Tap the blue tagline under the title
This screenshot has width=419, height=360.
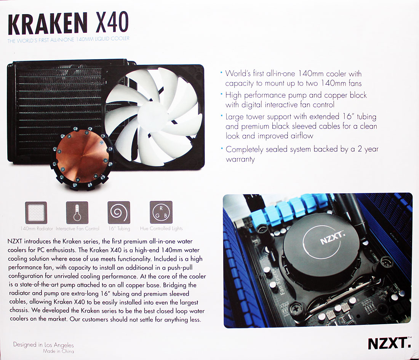pos(69,40)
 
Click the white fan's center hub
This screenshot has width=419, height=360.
pos(151,114)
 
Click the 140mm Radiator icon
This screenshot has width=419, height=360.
pos(36,213)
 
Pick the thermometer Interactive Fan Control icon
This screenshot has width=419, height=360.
pos(77,213)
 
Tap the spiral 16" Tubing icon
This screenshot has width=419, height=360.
pos(119,213)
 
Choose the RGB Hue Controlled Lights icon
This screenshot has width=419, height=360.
pos(161,212)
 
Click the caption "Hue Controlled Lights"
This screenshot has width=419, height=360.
pos(162,228)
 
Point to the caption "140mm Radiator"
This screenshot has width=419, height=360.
pos(37,229)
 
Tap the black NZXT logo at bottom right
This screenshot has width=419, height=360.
pos(389,344)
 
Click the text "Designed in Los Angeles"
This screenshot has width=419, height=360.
pos(43,345)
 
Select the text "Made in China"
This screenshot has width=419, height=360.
pos(59,351)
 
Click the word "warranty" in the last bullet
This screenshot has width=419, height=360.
pos(240,159)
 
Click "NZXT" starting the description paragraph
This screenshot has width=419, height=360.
pos(15,241)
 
